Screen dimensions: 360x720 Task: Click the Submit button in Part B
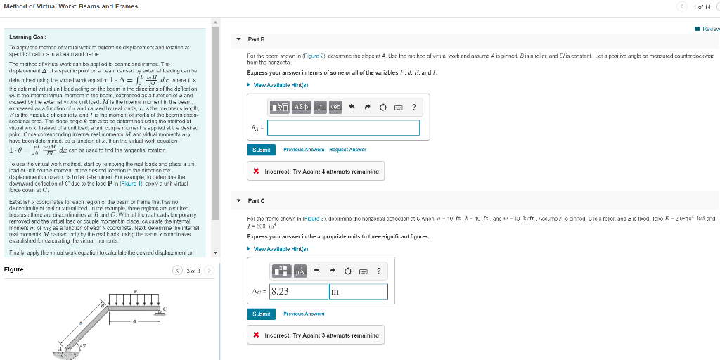[x=261, y=150]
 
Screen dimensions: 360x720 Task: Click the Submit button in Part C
[x=261, y=314]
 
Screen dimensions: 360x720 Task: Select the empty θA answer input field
[x=343, y=128]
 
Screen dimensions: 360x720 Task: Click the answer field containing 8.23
[x=298, y=291]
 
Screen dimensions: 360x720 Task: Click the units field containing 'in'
[x=358, y=291]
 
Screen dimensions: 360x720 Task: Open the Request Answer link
[x=347, y=150]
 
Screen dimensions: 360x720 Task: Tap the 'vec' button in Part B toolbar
[x=335, y=108]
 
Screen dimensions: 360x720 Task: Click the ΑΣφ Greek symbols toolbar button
[x=301, y=108]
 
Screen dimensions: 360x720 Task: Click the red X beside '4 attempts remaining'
[x=257, y=172]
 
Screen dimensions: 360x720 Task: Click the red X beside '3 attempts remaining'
[x=257, y=335]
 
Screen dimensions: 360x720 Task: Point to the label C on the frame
[x=165, y=309]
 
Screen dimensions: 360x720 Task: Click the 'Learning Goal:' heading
[x=28, y=37]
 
